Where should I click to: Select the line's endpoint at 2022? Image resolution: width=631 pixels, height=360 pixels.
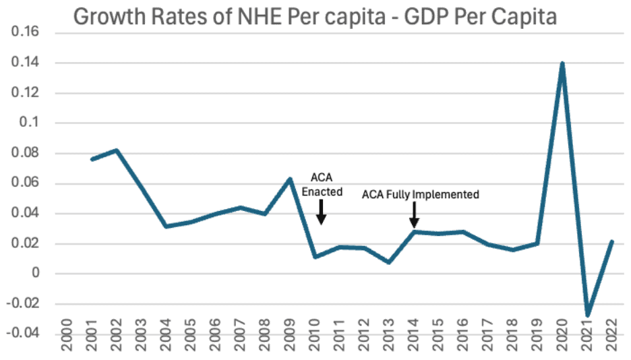click(x=611, y=241)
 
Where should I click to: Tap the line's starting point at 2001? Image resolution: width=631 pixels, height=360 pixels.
click(x=92, y=159)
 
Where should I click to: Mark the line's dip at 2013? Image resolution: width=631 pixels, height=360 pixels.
click(x=389, y=262)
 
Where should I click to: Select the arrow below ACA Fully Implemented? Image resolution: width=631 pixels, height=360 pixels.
click(x=414, y=216)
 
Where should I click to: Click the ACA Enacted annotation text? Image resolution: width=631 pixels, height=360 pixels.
click(x=322, y=184)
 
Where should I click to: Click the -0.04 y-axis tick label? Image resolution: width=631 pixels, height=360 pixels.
click(x=25, y=334)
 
